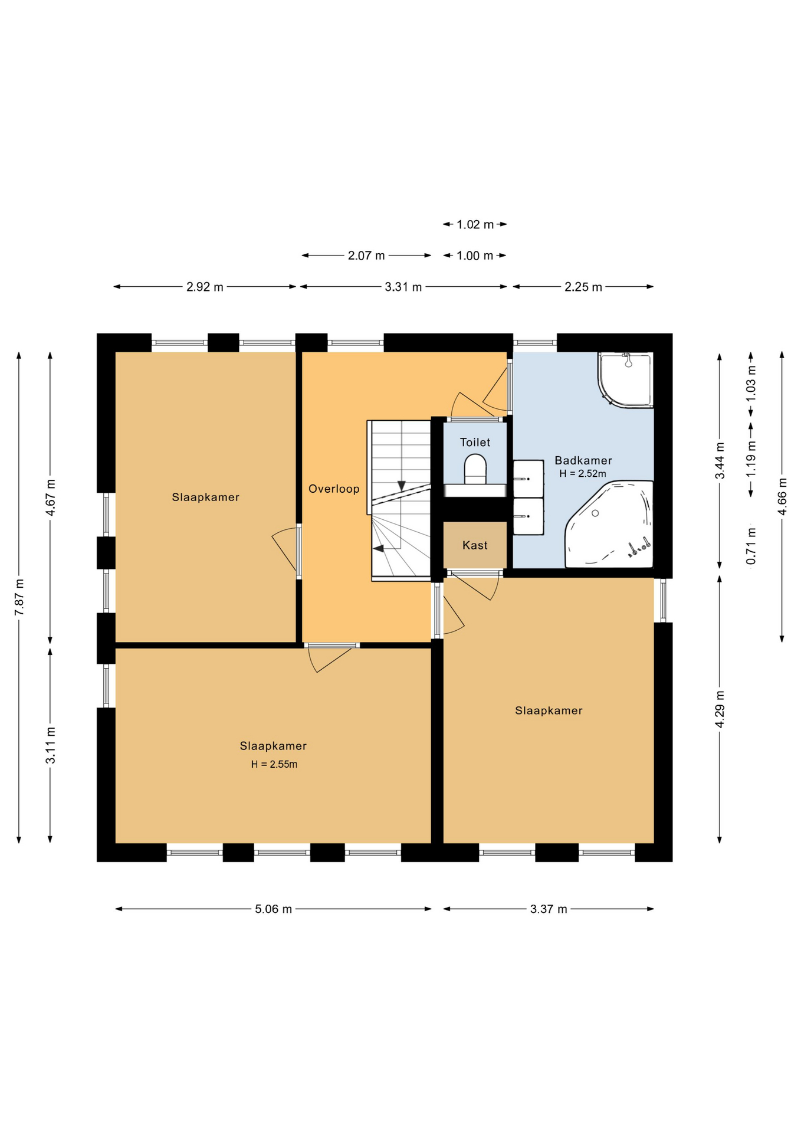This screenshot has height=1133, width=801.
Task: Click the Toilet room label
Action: (475, 443)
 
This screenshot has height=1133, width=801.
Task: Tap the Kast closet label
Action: (475, 545)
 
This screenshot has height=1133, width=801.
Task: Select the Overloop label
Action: (334, 489)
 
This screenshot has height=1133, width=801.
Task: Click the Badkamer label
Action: (583, 460)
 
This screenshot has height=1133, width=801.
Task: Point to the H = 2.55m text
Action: (274, 764)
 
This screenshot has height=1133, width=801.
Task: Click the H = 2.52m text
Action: (583, 473)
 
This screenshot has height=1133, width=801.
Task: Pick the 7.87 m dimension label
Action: (19, 597)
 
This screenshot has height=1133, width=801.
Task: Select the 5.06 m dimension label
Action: (274, 909)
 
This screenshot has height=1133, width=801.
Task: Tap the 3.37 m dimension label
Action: (549, 909)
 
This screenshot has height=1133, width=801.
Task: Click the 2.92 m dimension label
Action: (205, 287)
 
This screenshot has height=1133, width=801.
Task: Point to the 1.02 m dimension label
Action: (475, 225)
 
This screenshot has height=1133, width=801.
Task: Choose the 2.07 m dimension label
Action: (366, 256)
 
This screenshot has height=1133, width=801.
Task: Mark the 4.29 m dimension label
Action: (720, 709)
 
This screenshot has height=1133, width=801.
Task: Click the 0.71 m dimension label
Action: (751, 546)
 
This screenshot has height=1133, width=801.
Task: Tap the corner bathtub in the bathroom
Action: (609, 524)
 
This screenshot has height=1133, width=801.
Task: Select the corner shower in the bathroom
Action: (626, 379)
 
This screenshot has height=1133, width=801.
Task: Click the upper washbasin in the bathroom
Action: (528, 478)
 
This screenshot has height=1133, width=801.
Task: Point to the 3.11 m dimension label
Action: (51, 745)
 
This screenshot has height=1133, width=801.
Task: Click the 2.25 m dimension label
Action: (583, 287)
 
